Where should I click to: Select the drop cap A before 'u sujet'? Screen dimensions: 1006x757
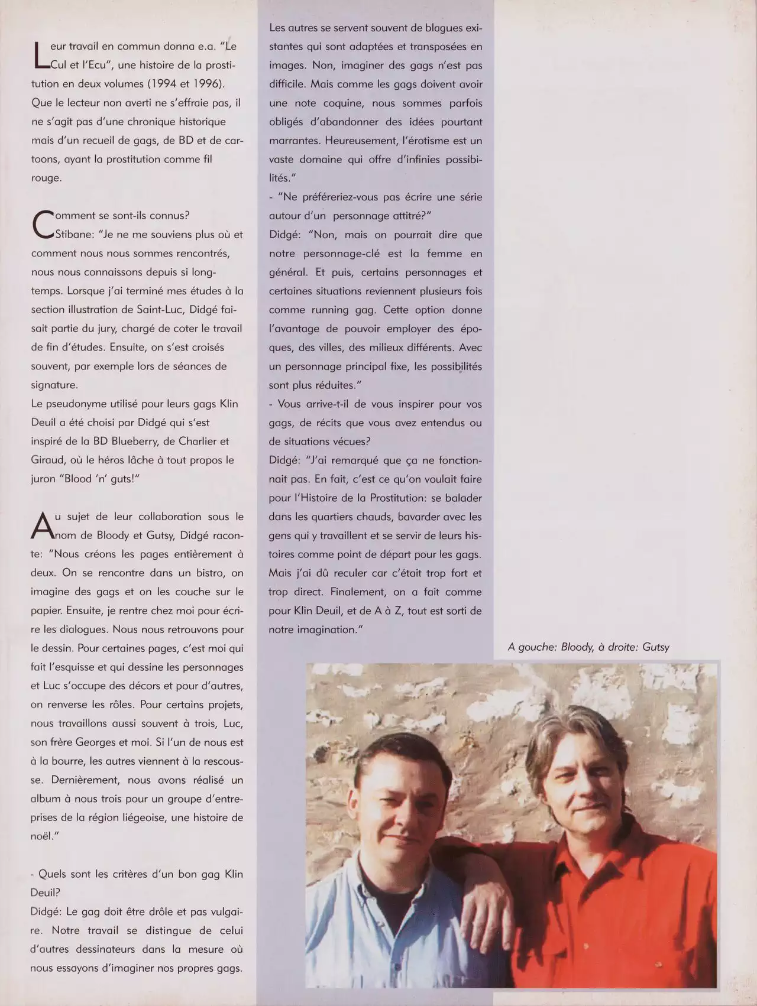pos(41,526)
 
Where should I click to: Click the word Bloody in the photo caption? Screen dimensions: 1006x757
pos(577,647)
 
